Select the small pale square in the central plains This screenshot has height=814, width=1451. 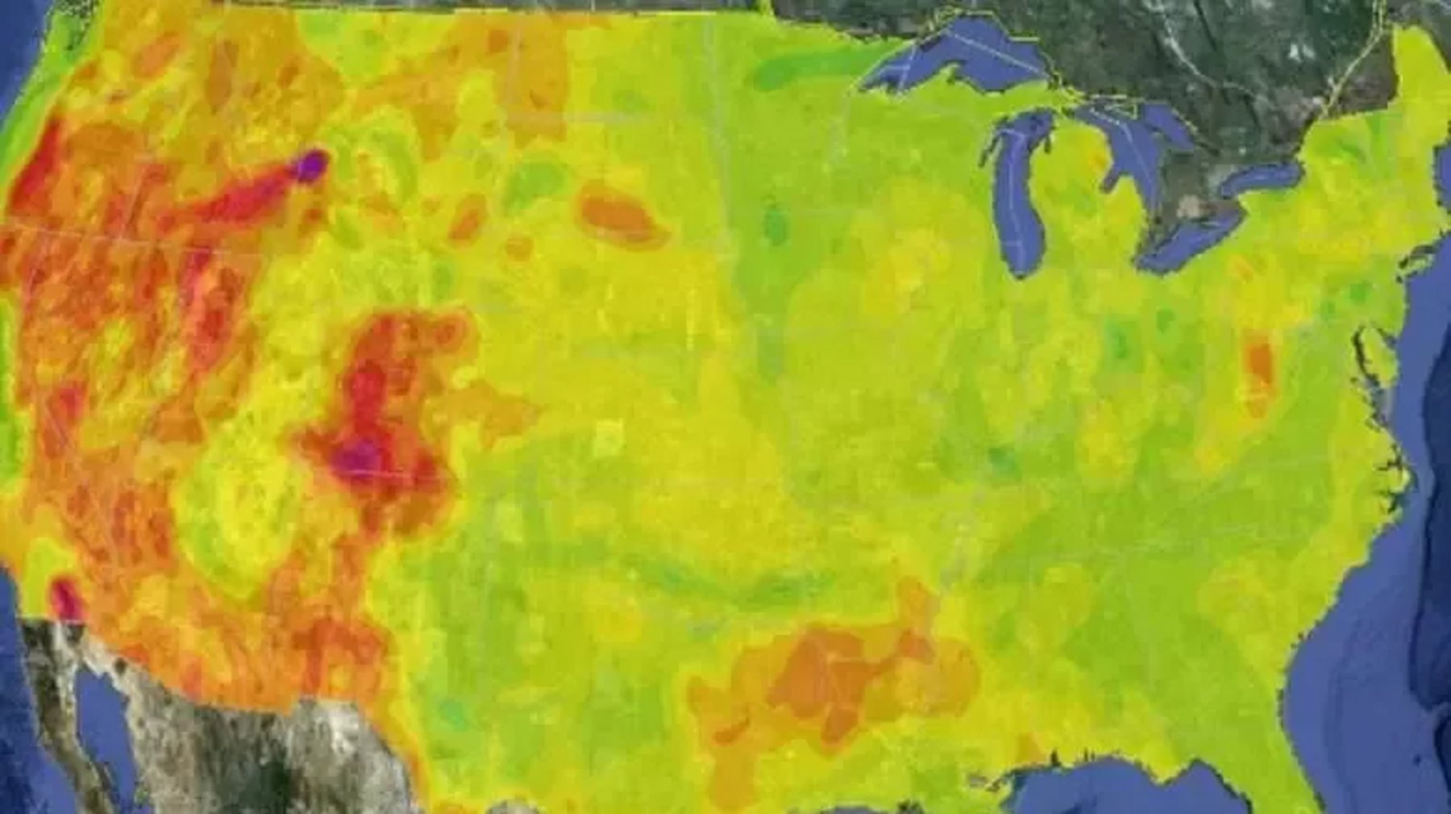609,440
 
